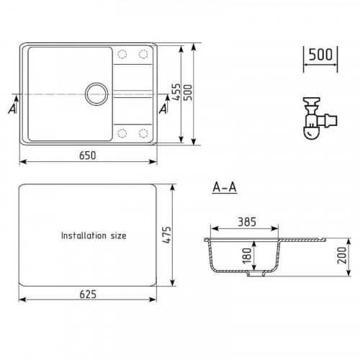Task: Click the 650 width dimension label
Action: coord(88,156)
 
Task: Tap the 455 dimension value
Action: coord(176,92)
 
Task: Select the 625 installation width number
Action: coord(88,294)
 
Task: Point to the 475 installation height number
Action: coord(167,235)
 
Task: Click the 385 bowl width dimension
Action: coord(247,222)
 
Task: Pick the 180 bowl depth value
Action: coord(247,256)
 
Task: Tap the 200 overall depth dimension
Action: coord(342,255)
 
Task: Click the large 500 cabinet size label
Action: coord(320,55)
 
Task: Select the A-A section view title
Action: coord(225,187)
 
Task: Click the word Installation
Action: coord(84,235)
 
